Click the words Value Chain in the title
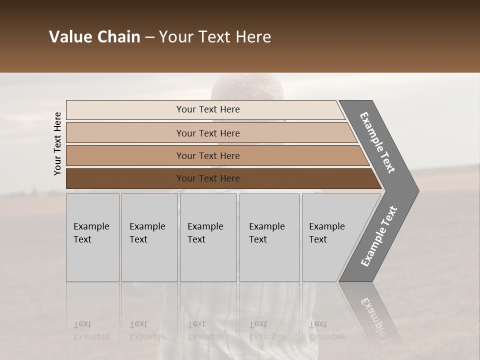(x=94, y=37)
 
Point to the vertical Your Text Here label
(x=57, y=143)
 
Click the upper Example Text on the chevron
(x=377, y=142)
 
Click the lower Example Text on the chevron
(x=378, y=236)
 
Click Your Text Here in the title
(x=215, y=37)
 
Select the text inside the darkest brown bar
(x=208, y=178)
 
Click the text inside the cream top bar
(x=208, y=109)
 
